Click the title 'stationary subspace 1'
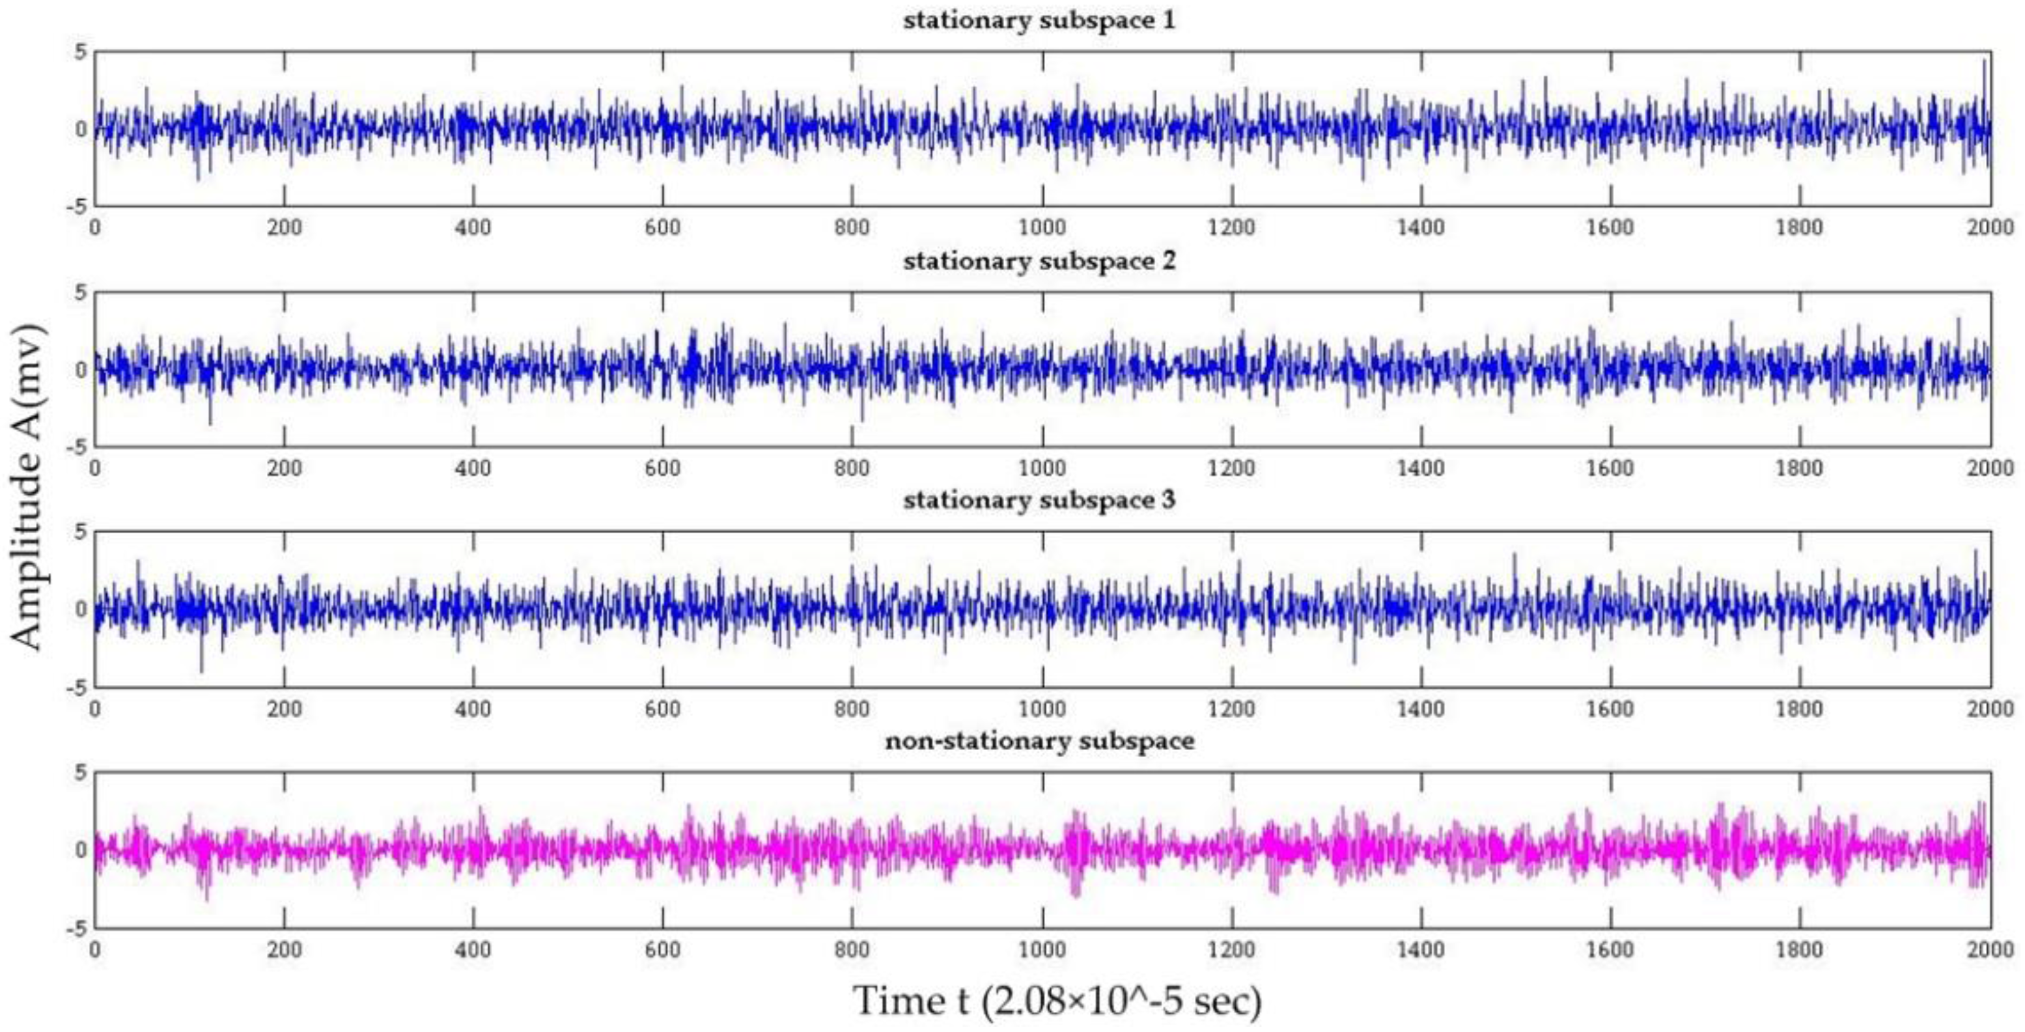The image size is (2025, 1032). (x=1039, y=20)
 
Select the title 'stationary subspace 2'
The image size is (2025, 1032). (x=1039, y=260)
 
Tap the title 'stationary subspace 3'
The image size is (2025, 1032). (x=1039, y=500)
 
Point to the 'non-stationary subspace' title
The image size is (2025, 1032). (x=1039, y=740)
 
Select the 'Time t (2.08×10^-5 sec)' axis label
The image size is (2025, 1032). (x=1057, y=1001)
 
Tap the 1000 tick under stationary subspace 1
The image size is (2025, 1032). (x=1042, y=228)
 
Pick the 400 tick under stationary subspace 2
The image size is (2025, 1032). (x=473, y=468)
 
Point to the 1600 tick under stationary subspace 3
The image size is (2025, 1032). (x=1611, y=709)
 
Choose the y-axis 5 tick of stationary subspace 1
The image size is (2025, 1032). (x=80, y=53)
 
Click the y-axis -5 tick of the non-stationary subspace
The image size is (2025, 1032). (x=76, y=928)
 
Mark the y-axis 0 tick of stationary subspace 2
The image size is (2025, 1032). (x=80, y=369)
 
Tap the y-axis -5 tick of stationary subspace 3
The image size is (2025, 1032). (x=76, y=688)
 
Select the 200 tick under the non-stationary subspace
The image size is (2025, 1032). (x=284, y=949)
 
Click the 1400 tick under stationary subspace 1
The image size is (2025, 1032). (x=1421, y=228)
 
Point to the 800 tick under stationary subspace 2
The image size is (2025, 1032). (x=852, y=468)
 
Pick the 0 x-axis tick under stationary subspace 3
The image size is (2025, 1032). (x=95, y=709)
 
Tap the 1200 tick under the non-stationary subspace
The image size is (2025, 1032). (x=1232, y=949)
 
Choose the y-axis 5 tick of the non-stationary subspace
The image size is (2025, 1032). (x=80, y=774)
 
